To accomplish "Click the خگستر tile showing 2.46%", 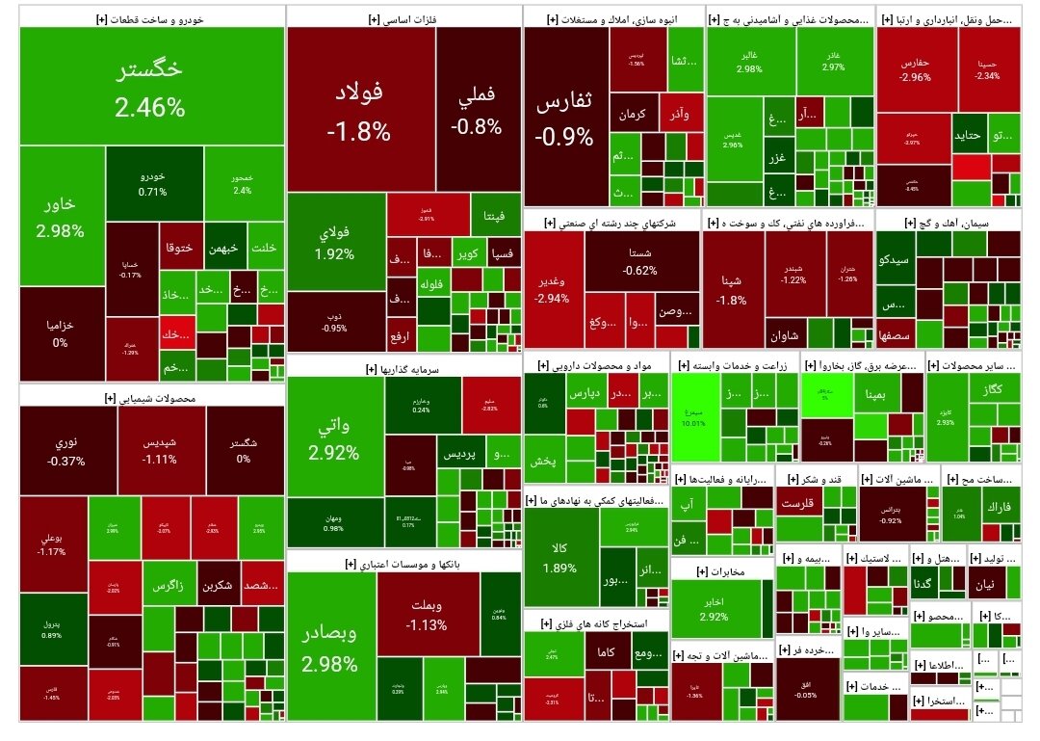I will point(150,87).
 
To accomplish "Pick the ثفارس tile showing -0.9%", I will point(565,119).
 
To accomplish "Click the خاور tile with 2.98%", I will point(60,217).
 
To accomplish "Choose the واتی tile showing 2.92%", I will point(334,438).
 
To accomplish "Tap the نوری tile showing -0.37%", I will point(67,451).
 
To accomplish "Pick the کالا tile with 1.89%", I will point(559,557).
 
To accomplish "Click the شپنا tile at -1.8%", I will point(732,289).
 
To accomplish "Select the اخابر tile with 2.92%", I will point(714,609).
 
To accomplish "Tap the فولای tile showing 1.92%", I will point(334,243).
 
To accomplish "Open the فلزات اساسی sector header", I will point(403,17).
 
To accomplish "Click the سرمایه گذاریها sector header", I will point(403,368).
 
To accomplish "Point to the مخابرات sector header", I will point(722,572).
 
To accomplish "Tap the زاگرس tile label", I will point(170,586).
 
